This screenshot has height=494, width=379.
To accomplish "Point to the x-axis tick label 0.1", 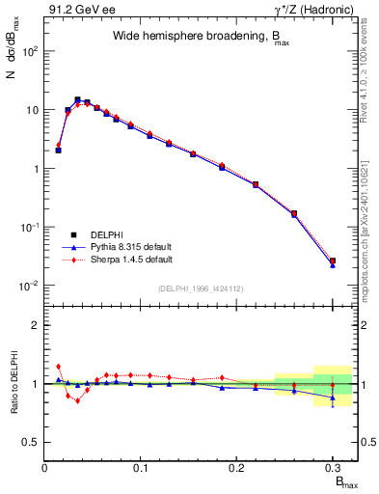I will (x=141, y=468).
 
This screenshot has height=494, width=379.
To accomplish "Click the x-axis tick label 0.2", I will (x=236, y=468).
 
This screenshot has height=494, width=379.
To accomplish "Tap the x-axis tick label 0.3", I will (x=332, y=468).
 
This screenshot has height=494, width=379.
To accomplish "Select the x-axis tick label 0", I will (x=45, y=468).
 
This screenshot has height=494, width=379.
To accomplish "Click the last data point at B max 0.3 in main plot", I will (x=332, y=261).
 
